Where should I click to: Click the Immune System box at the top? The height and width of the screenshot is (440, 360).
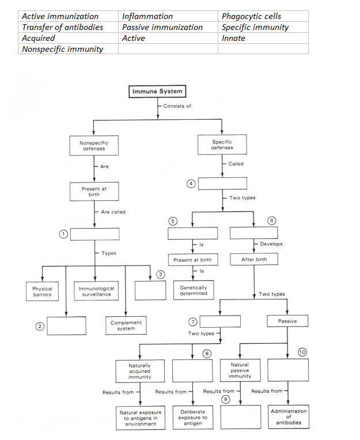(157, 92)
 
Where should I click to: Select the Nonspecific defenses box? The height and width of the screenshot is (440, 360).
(93, 145)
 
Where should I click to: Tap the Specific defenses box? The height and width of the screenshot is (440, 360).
(222, 145)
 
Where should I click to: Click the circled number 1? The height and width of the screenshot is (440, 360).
(65, 233)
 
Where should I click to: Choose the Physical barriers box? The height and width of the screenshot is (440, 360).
(42, 291)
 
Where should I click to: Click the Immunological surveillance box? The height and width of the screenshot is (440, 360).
(96, 291)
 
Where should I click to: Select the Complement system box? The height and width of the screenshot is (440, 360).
(126, 325)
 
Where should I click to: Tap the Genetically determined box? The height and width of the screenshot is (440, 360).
(194, 290)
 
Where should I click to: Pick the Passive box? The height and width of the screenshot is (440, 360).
(287, 321)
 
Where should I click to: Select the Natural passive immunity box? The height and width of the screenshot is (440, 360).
(240, 371)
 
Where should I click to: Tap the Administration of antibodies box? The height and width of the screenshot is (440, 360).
(289, 417)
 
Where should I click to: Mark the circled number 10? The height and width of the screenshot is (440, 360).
(302, 351)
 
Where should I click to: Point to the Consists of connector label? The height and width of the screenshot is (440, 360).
(177, 106)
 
